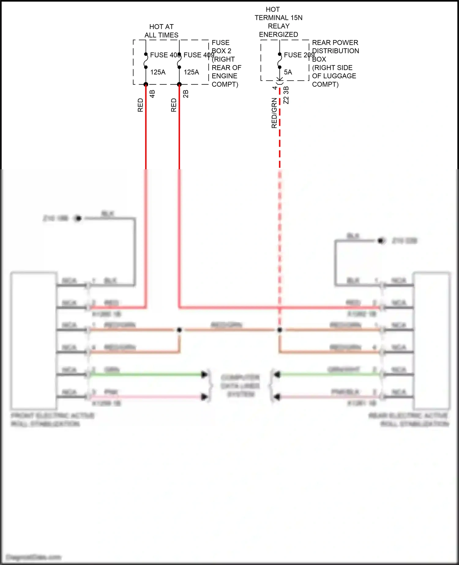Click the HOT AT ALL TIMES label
161,31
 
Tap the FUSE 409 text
198,55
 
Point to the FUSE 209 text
299,55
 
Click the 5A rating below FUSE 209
288,72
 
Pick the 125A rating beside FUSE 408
158,72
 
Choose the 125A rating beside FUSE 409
191,72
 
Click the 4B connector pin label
152,94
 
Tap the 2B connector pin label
186,94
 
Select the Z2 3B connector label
286,95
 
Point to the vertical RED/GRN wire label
274,113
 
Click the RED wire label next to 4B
140,105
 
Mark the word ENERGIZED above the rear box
278,35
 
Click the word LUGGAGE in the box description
341,76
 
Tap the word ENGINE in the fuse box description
224,76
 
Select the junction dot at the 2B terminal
179,84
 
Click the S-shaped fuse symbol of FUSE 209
280,61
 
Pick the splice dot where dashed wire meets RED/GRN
279,330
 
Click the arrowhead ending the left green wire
204,374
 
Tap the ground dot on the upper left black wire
78,218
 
